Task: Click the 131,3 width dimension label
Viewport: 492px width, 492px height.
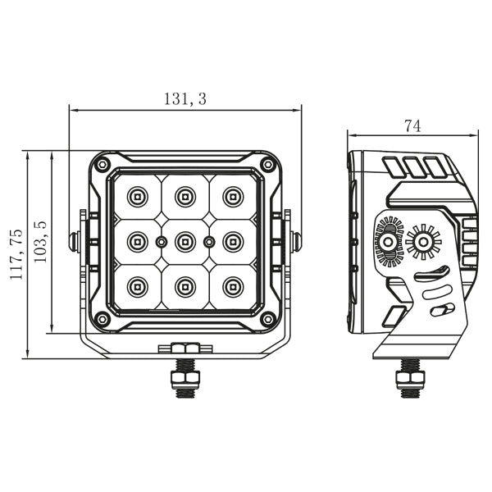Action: tap(184, 99)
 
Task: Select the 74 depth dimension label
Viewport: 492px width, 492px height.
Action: tap(412, 125)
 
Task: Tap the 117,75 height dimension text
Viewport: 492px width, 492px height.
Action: tap(16, 254)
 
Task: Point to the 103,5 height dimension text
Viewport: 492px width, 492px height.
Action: tap(40, 241)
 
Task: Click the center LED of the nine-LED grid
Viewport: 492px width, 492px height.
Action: tap(184, 241)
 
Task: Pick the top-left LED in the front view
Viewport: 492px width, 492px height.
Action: tap(136, 196)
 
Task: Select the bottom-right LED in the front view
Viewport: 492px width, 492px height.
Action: tap(234, 286)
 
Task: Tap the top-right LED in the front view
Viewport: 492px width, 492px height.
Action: tap(234, 196)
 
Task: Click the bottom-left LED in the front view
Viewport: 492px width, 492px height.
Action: tap(136, 286)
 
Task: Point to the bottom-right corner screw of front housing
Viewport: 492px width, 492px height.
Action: tap(267, 318)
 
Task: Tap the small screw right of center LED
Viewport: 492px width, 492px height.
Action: tap(209, 241)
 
